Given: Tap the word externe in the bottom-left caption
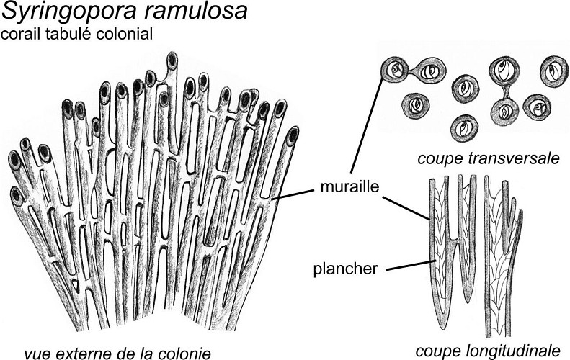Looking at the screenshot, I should click(x=84, y=352).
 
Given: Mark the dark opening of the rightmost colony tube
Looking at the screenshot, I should click(x=293, y=134).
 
